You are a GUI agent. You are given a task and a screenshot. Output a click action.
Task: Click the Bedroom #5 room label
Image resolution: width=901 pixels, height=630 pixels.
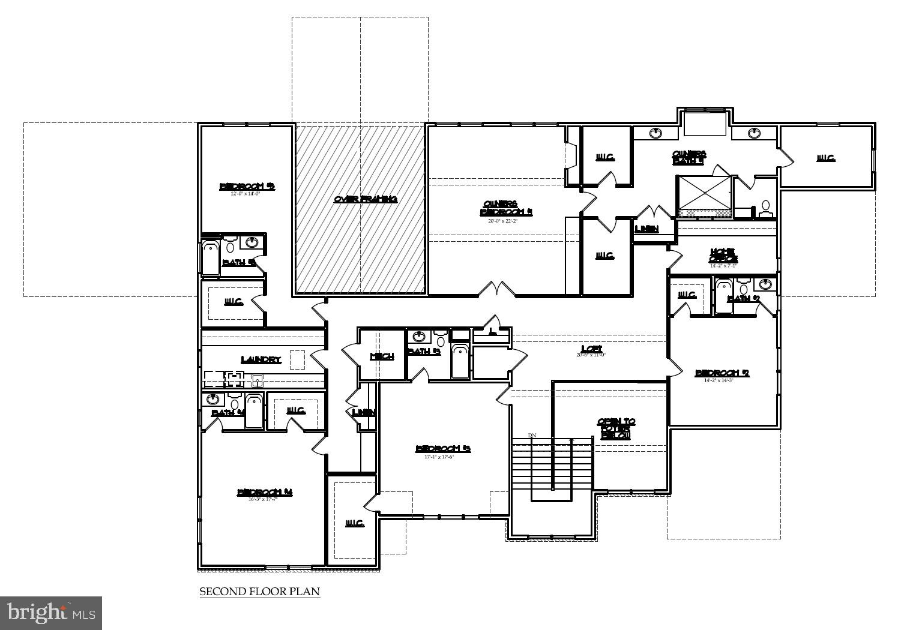pos(247,186)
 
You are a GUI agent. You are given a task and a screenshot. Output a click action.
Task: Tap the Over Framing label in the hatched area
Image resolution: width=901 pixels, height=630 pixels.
pos(366,199)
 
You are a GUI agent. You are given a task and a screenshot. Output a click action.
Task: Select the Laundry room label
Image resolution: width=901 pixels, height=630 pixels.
pos(261,359)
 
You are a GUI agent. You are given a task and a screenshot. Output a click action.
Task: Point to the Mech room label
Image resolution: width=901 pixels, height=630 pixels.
pos(382,356)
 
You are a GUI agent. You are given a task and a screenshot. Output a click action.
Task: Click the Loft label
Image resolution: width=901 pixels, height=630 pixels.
pos(591,349)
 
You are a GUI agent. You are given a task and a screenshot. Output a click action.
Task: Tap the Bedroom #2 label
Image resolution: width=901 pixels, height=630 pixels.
pos(722,373)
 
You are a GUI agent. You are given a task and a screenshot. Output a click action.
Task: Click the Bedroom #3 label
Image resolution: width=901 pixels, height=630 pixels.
pos(443,449)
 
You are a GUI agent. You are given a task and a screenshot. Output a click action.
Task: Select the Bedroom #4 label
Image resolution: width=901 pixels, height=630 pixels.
pos(265,493)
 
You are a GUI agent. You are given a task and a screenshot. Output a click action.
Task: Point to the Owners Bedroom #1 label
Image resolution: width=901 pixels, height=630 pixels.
pos(506,208)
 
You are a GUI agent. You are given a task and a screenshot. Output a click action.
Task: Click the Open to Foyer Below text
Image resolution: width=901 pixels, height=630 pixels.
pos(616,428)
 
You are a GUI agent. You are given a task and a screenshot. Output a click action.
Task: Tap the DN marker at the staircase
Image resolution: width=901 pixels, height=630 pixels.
pos(532,435)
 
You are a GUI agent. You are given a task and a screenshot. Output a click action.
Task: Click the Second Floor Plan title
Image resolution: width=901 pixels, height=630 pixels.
pos(259,592)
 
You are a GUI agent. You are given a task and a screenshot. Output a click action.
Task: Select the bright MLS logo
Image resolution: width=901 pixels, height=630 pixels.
pos(51,613)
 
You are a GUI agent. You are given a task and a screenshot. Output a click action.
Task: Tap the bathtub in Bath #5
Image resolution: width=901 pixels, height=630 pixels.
pos(210,258)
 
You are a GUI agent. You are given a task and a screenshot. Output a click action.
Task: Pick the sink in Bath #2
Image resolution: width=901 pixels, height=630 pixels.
pos(766,284)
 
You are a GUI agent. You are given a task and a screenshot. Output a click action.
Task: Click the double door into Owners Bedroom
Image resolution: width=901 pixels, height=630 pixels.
pos(496,290)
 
